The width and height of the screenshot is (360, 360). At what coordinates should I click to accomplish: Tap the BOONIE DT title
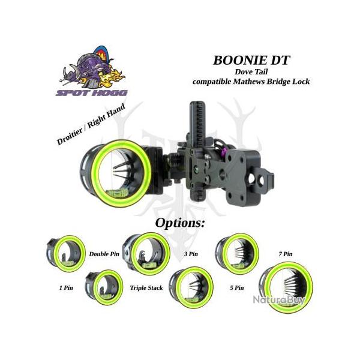pyautogui.click(x=251, y=60)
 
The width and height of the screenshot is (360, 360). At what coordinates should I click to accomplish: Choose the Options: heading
pyautogui.click(x=180, y=223)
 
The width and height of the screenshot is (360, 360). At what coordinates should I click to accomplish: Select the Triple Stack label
pyautogui.click(x=146, y=288)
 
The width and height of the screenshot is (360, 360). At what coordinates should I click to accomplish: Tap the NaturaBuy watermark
pyautogui.click(x=278, y=299)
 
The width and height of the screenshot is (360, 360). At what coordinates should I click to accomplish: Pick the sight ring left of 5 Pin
pyautogui.click(x=191, y=287)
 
